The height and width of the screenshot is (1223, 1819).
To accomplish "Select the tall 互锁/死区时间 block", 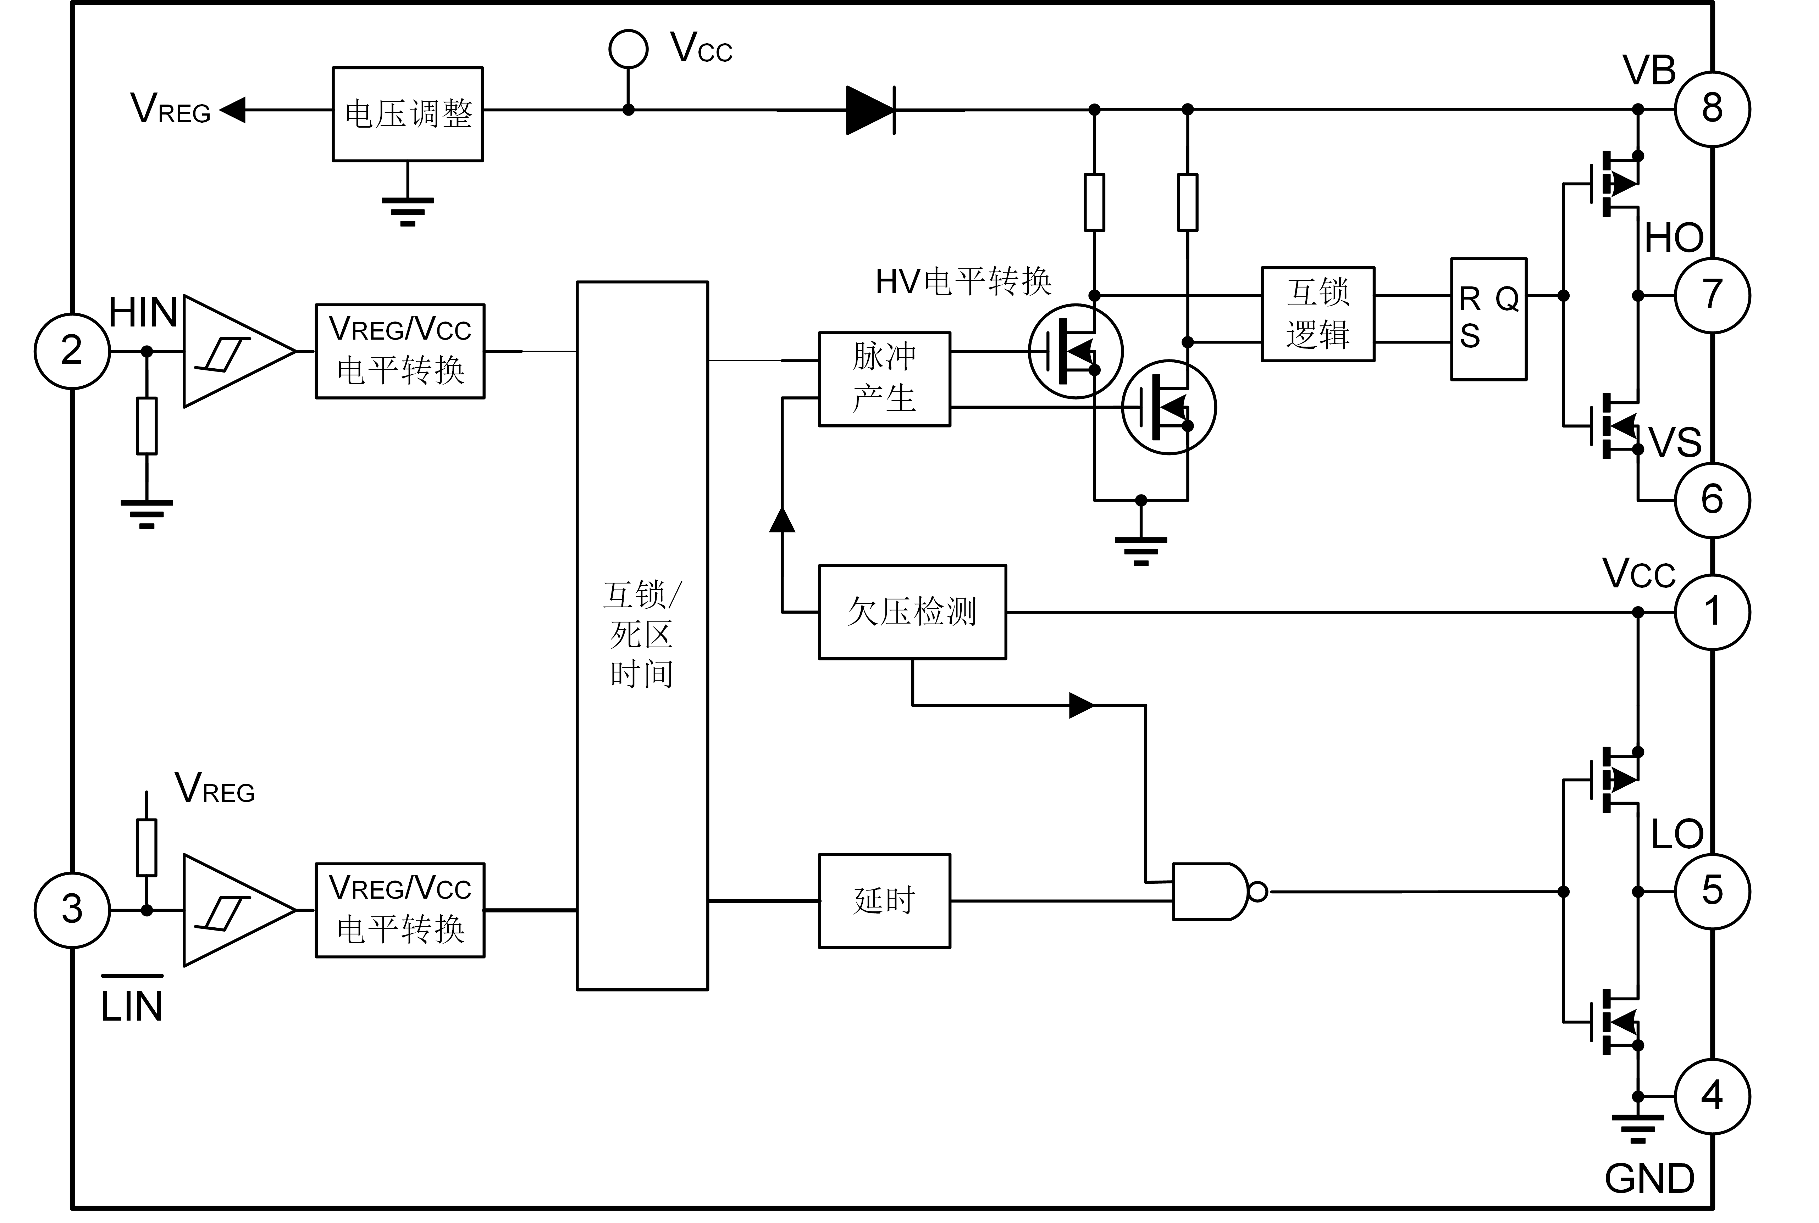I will (x=642, y=636).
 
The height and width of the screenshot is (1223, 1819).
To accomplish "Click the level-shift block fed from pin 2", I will (x=399, y=351).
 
